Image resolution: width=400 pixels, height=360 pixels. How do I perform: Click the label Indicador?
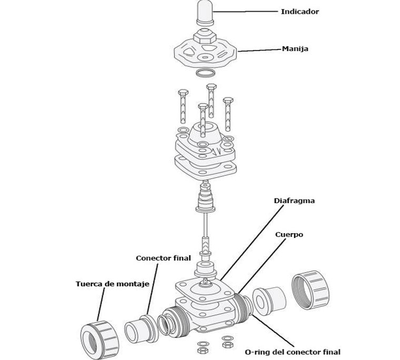pyautogui.click(x=299, y=11)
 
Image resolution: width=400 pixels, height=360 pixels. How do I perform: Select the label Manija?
pyautogui.click(x=295, y=49)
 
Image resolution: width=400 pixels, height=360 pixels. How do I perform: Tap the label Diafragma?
pyautogui.click(x=294, y=201)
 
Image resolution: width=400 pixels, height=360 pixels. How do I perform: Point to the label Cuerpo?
pyautogui.click(x=289, y=235)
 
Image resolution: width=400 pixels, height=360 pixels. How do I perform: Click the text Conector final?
pyautogui.click(x=163, y=258)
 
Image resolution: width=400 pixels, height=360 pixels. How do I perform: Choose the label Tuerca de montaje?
pyautogui.click(x=112, y=284)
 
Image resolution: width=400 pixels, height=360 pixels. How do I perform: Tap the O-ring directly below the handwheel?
pyautogui.click(x=205, y=72)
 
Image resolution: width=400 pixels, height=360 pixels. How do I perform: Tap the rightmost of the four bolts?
pyautogui.click(x=228, y=113)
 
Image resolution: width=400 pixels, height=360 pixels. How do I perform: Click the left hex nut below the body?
pyautogui.click(x=201, y=348)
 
